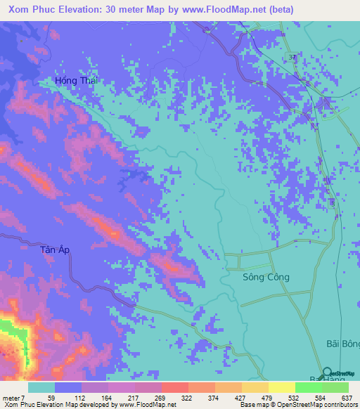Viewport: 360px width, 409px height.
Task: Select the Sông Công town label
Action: click(x=266, y=277)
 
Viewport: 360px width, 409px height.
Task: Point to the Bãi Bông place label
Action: click(x=342, y=344)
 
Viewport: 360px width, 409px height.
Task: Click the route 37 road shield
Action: click(x=291, y=56)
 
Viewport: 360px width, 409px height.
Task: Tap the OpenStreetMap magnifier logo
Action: click(x=328, y=372)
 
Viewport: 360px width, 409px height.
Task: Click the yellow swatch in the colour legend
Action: click(x=281, y=387)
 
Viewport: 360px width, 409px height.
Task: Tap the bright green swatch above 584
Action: click(x=308, y=387)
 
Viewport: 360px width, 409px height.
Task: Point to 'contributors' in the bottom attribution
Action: click(x=340, y=405)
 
